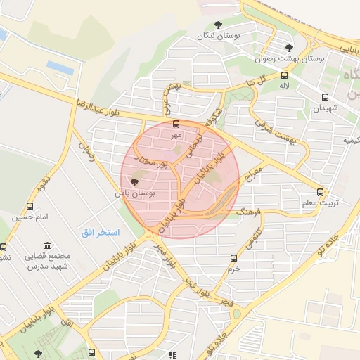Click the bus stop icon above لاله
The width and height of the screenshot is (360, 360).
coord(285,75)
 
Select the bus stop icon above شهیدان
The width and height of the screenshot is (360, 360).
coord(325,98)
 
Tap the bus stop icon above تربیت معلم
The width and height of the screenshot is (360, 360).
coord(321,191)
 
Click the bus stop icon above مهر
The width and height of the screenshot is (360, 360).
coord(176,123)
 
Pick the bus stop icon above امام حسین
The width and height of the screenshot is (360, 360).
coord(30,206)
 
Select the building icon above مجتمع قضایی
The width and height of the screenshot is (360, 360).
coord(47,245)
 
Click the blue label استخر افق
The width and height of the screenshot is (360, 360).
coord(100,232)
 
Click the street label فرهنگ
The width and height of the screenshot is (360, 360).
coord(250,211)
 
